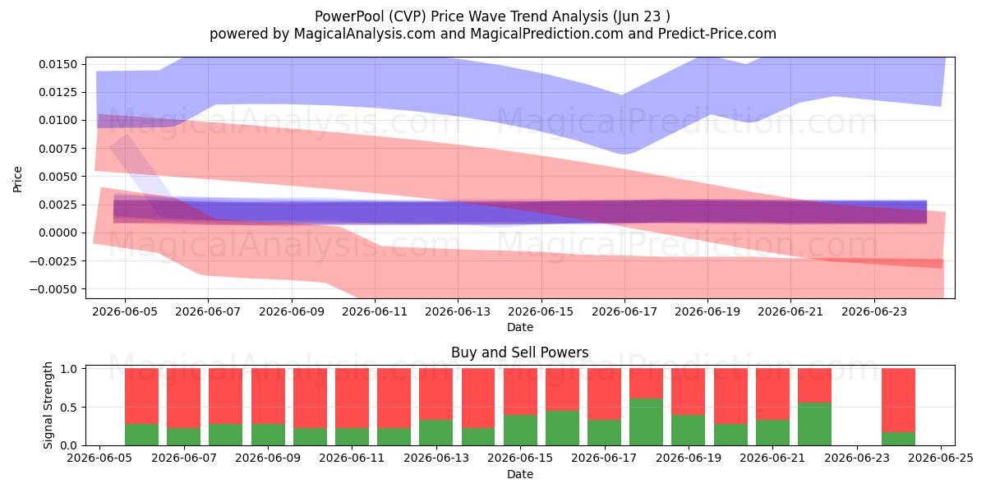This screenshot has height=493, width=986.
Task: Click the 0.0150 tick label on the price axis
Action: pos(58,64)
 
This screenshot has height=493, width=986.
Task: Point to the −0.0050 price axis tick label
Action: pos(53,289)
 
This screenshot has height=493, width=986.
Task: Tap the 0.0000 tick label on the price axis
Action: pos(58,233)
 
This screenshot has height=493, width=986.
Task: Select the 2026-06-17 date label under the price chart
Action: pos(624,311)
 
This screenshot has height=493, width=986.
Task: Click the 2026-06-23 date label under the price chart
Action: pos(874,311)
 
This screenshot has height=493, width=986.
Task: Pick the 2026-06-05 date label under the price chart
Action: pos(125,311)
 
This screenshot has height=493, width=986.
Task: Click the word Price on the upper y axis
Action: pos(17,179)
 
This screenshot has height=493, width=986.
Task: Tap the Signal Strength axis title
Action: pos(48,405)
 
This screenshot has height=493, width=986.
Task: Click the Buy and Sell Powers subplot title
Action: pos(520,352)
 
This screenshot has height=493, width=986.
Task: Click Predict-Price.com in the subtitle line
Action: pos(717,34)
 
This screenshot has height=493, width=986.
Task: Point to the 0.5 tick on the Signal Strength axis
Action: pos(69,408)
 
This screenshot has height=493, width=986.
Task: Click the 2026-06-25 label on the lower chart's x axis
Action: pos(941,458)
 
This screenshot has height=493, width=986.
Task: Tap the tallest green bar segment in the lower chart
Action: pos(646,422)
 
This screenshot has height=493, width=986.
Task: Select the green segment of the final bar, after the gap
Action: pos(898,439)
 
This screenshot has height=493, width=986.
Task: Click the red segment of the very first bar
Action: pos(141,396)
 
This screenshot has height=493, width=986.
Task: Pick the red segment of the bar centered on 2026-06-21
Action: pos(772,394)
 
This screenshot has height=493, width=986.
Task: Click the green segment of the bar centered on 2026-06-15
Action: pos(521,430)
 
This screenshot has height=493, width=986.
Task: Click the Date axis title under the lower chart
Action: pos(520,475)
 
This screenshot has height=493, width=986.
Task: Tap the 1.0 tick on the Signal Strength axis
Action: pos(69,368)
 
